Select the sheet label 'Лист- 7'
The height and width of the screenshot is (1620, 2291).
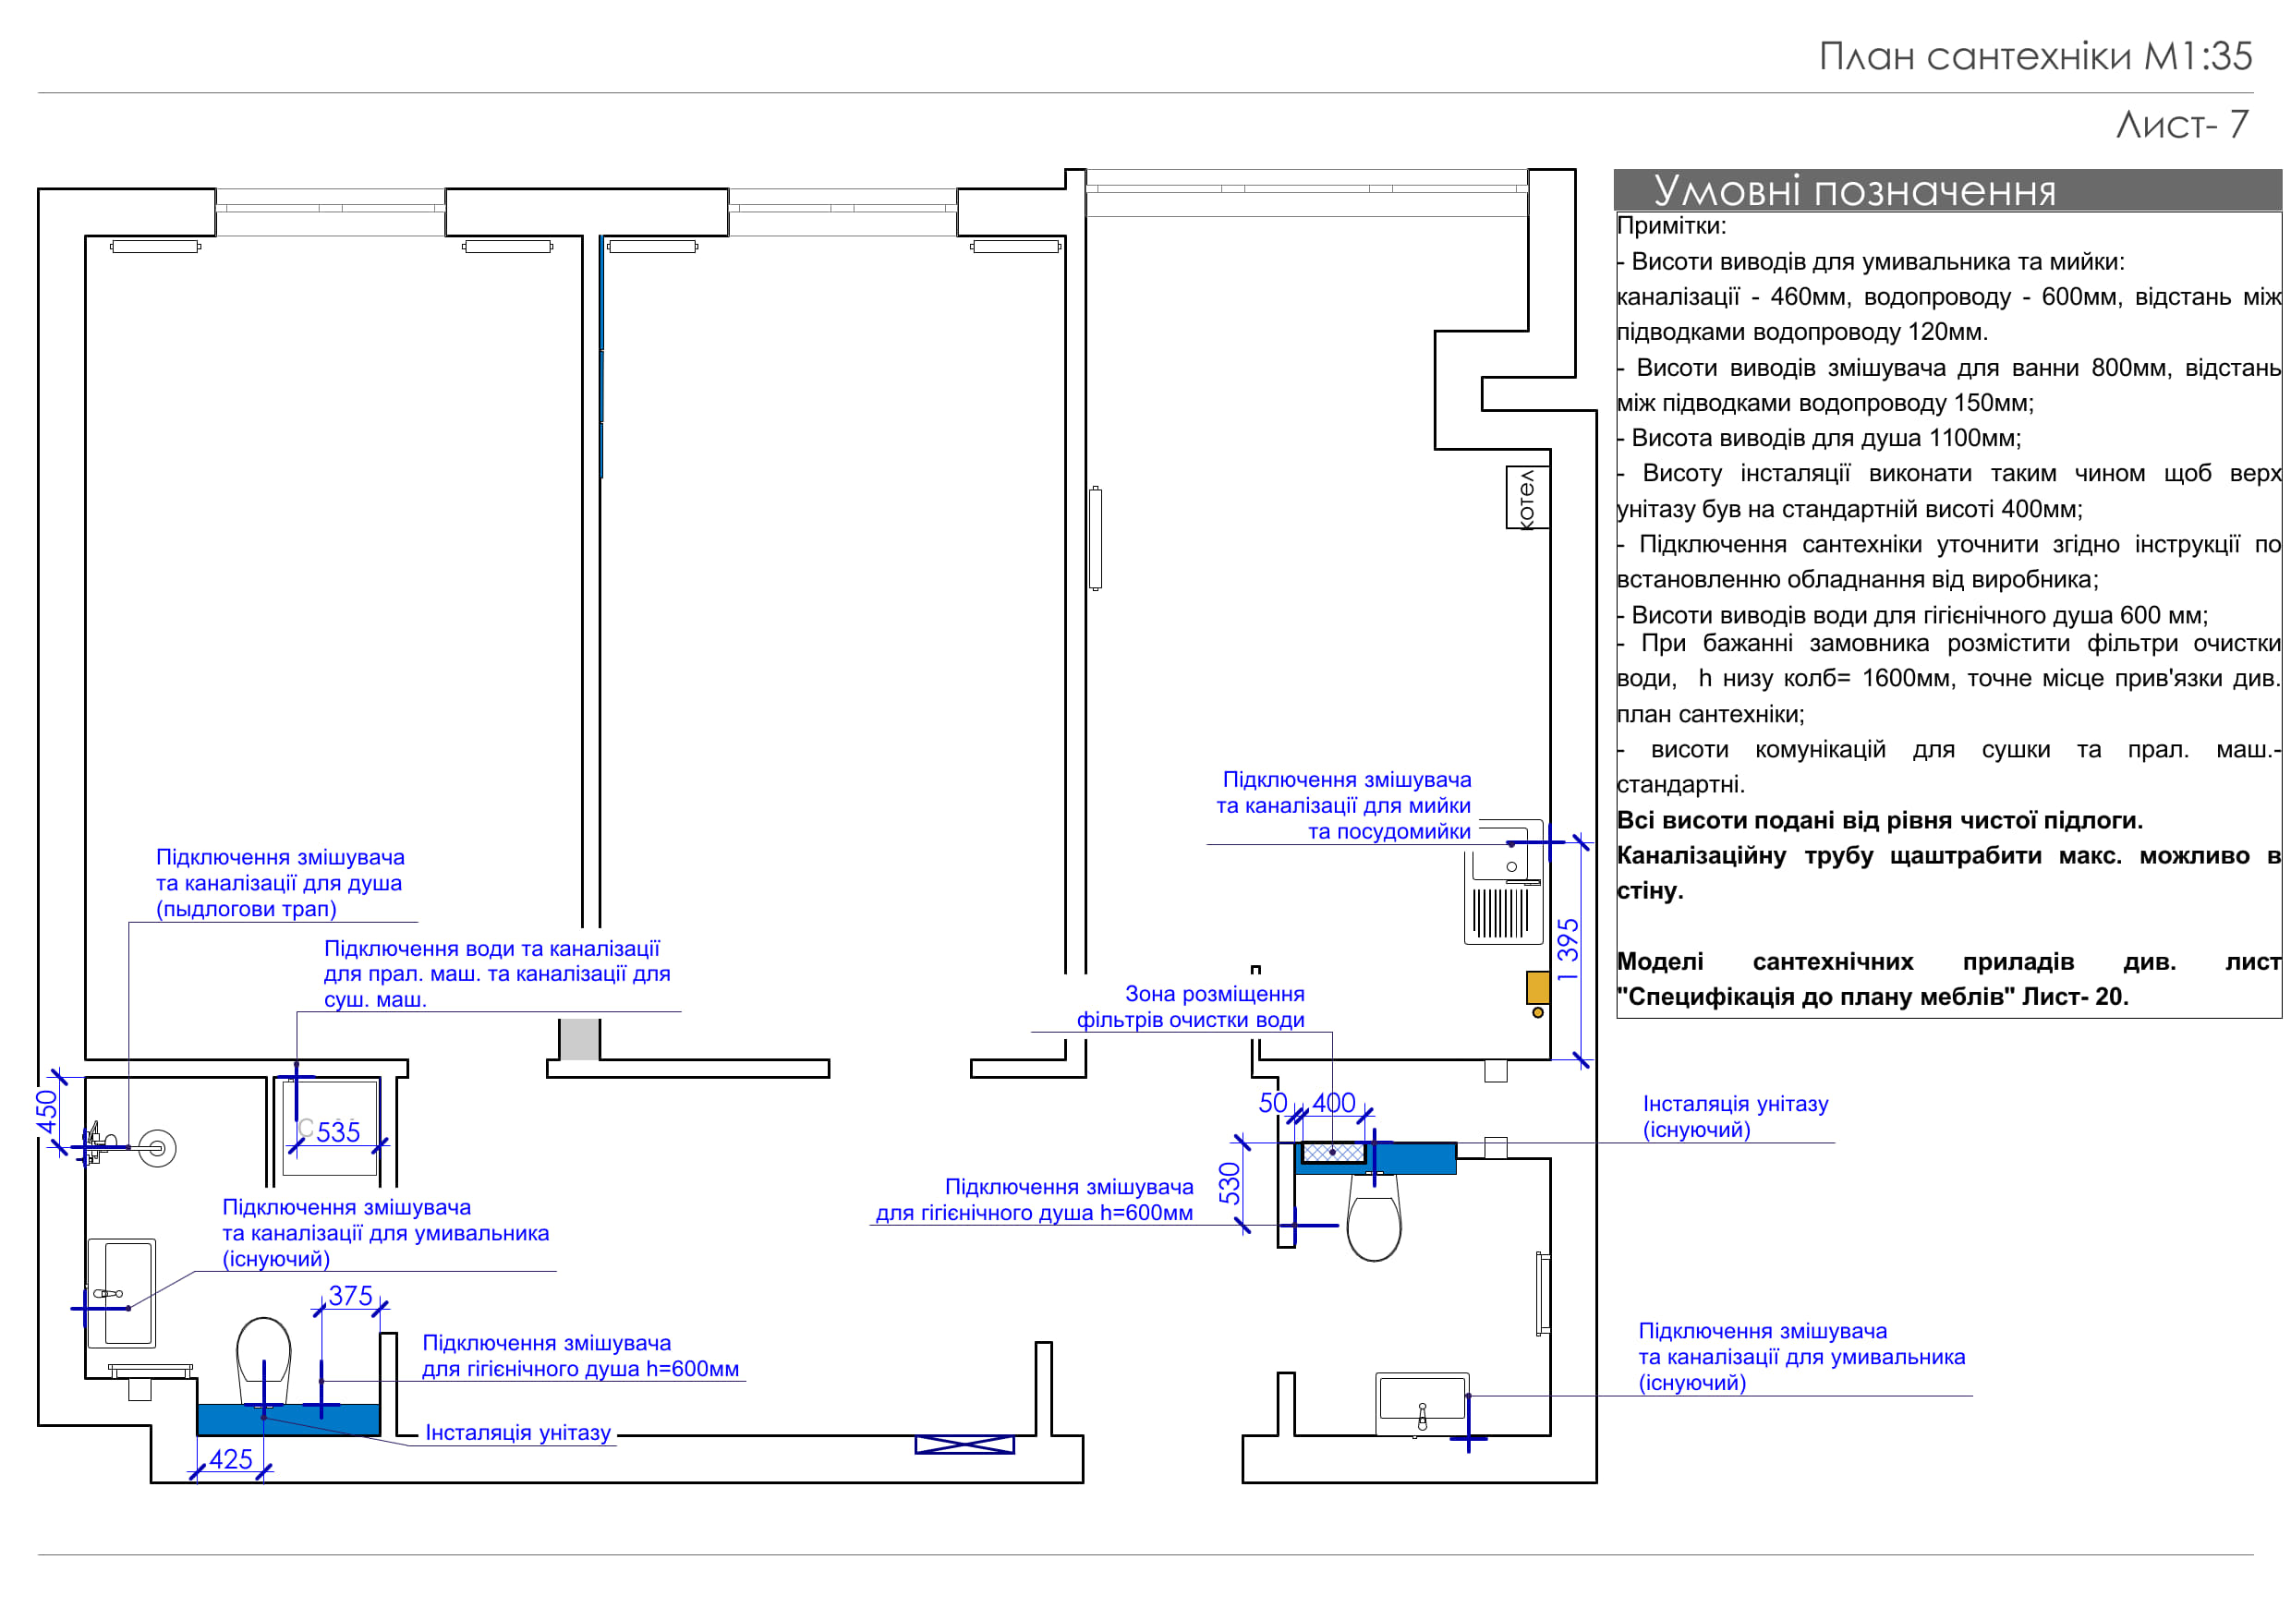[x=2182, y=125]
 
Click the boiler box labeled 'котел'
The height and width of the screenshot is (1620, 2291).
[x=1527, y=498]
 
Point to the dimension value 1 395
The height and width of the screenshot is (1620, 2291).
[x=1569, y=949]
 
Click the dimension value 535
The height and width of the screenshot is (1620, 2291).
[x=338, y=1132]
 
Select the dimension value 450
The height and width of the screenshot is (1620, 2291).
[x=47, y=1112]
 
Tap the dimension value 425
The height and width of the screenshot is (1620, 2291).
[x=231, y=1459]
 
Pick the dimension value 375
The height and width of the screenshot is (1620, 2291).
[x=350, y=1296]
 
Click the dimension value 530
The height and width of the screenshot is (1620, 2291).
[x=1230, y=1183]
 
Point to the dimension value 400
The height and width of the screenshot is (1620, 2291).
[x=1333, y=1104]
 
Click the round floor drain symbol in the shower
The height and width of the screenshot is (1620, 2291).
[x=157, y=1148]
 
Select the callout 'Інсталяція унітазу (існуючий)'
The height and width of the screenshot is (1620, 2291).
[x=1735, y=1118]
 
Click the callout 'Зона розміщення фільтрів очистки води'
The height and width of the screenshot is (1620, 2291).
[x=1191, y=1007]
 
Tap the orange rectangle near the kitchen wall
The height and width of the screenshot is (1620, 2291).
[x=1537, y=987]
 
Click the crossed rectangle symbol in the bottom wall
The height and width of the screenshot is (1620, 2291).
[x=964, y=1445]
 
